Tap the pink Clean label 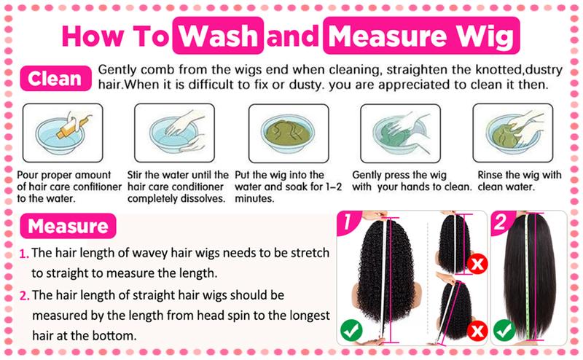(x=54, y=77)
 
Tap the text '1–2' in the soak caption (x=329, y=187)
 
